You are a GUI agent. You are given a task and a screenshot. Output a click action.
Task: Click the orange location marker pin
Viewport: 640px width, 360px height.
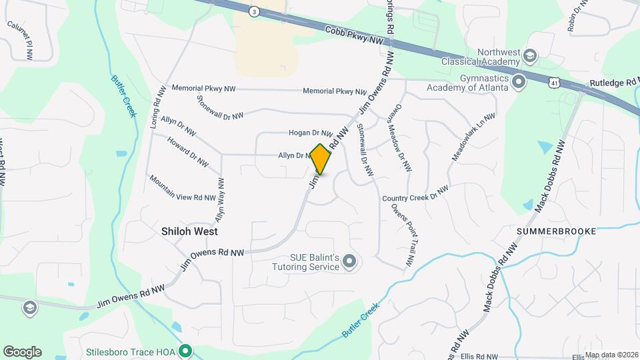tap(321, 159)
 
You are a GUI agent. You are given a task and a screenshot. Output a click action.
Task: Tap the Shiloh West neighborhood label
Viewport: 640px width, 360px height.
tap(190, 231)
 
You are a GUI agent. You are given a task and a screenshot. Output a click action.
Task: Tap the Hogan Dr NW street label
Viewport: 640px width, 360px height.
tap(310, 133)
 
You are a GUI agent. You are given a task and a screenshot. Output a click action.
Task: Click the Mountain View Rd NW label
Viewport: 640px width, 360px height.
tap(182, 189)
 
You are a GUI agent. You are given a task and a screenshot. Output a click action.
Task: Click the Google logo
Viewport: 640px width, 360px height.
tap(22, 351)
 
